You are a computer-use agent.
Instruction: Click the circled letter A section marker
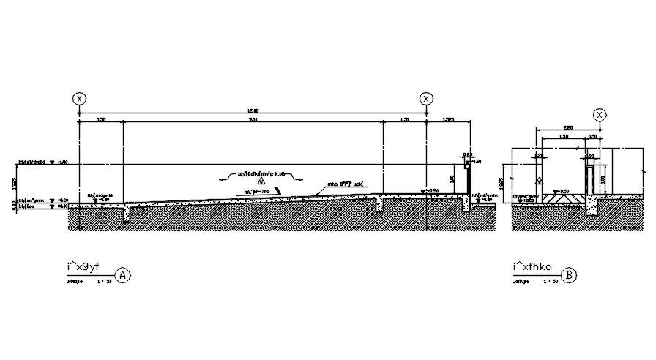coord(124,276)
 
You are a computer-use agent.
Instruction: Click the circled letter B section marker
coord(570,276)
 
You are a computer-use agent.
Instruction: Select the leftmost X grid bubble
coord(79,99)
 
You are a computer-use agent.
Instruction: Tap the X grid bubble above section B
coord(600,115)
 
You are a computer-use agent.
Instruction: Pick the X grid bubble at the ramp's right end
coord(425,99)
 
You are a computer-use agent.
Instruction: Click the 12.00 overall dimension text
coord(252,111)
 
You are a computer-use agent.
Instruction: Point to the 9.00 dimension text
coord(253,119)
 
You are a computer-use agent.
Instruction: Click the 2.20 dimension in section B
coord(568,127)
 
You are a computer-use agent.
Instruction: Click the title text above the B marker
coord(533,266)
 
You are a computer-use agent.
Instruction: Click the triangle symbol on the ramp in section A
coord(260,179)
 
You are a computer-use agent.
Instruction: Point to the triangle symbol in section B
coord(540,180)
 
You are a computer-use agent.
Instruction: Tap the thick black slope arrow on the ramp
coord(277,190)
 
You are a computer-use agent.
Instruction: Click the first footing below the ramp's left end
coord(127,214)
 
